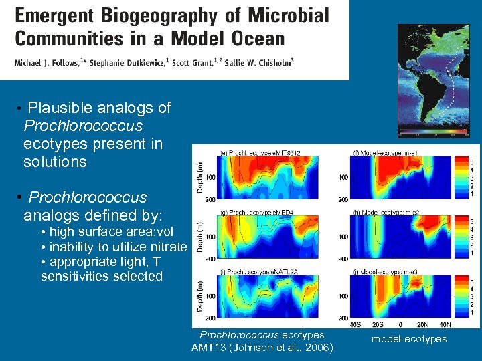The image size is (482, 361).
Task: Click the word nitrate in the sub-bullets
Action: [169, 247]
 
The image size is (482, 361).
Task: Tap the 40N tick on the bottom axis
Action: [444, 324]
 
